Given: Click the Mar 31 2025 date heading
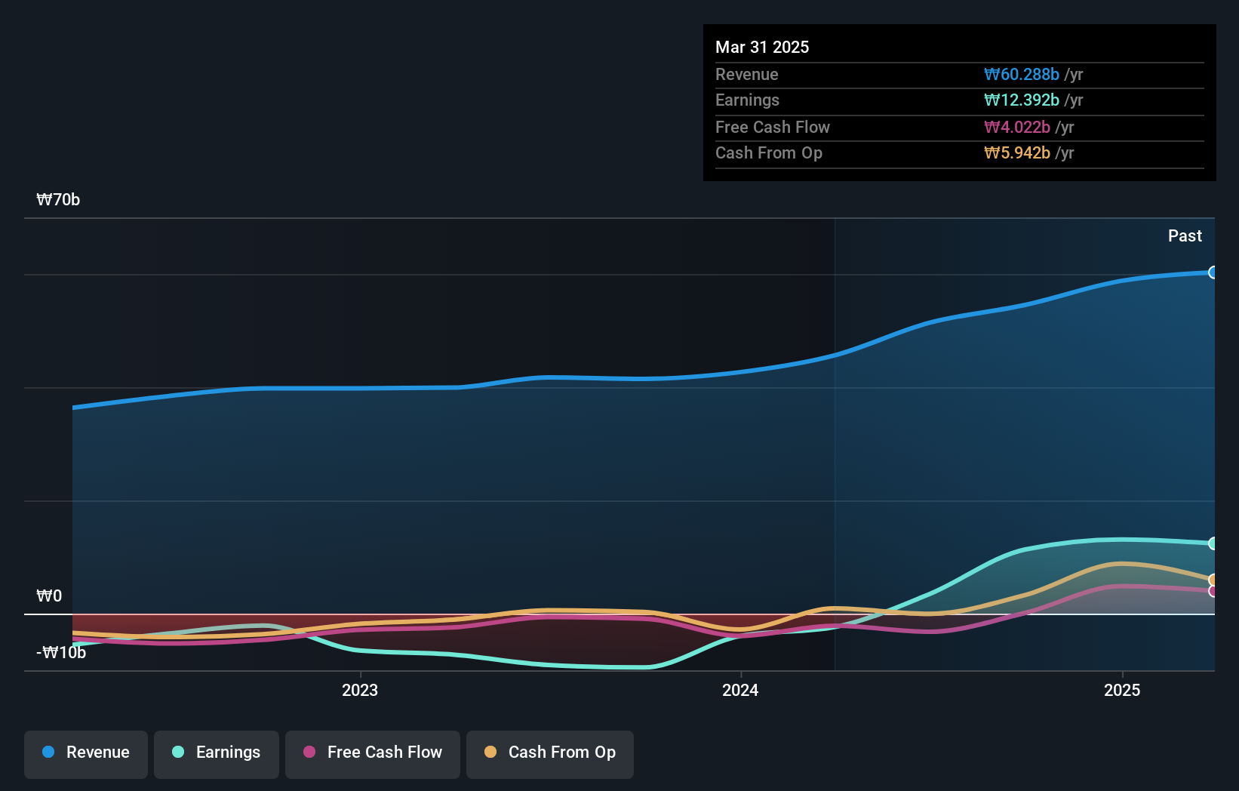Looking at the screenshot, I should tap(762, 47).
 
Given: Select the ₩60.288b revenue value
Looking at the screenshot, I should tap(1022, 74).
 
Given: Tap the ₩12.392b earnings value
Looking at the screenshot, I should tap(1022, 100).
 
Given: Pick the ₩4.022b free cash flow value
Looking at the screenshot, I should tap(1017, 127).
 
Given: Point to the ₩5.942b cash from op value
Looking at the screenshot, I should tap(1017, 152).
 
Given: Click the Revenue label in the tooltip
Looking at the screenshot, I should tap(746, 74).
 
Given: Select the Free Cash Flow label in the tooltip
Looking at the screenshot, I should tap(772, 127).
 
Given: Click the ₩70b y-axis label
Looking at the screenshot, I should tap(58, 199).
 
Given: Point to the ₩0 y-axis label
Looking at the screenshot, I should tap(49, 596).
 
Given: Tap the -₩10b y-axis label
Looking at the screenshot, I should tap(61, 652).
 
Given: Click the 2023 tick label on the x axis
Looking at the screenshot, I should tap(360, 690).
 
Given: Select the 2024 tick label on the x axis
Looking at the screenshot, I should tap(740, 690).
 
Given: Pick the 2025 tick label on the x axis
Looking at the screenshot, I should tap(1122, 690).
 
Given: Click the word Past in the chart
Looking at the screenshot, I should tap(1185, 235).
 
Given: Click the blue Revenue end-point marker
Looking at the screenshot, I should tap(1213, 272).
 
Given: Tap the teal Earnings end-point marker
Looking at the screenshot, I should tap(1213, 543).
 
